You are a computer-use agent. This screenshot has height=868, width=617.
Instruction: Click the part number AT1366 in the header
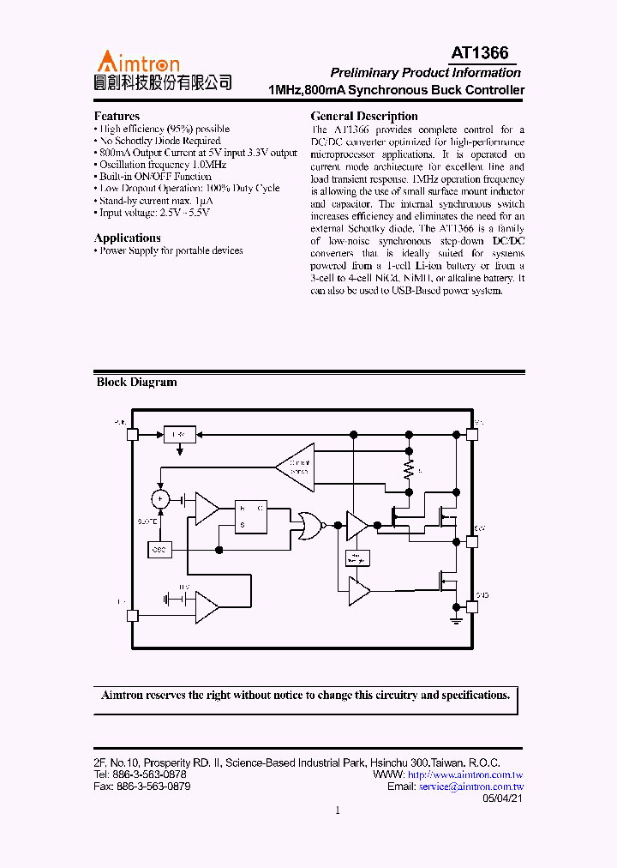coord(479,53)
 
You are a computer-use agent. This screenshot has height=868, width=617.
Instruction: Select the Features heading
coord(117,116)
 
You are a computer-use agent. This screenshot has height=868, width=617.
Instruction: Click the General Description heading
coord(364,116)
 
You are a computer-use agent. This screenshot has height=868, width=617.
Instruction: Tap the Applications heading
coord(128,238)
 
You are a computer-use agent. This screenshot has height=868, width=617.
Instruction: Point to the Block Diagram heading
coord(136,383)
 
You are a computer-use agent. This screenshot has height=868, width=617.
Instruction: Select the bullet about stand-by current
coord(157,201)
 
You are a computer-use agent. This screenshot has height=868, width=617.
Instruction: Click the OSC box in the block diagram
coord(159,549)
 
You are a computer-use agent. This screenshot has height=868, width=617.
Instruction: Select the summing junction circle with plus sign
coord(159,498)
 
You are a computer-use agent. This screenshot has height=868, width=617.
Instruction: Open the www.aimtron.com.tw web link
coord(465,775)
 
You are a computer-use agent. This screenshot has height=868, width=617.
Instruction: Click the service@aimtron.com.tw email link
coord(470,787)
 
